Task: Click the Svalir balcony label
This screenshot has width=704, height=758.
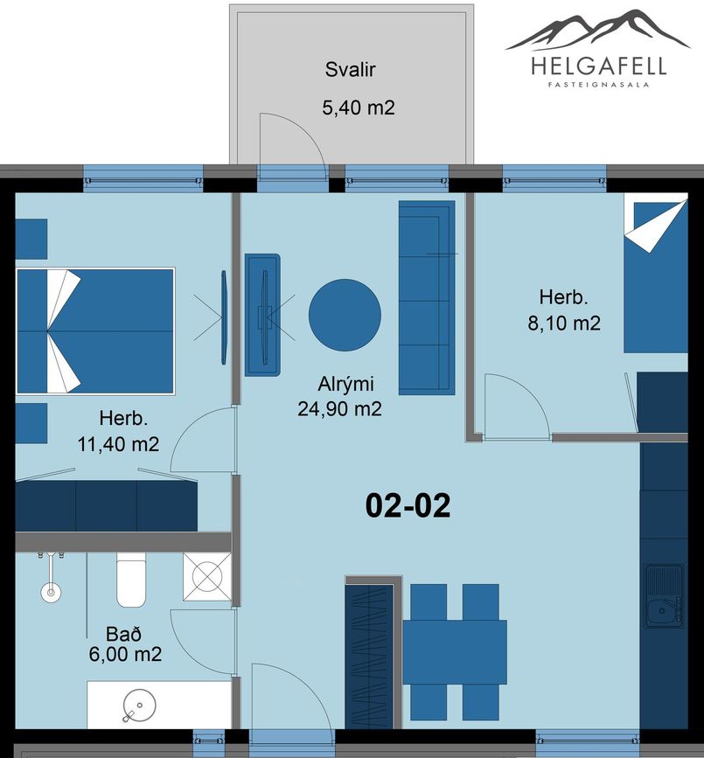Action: [350, 70]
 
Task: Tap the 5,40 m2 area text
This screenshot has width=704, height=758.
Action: [359, 108]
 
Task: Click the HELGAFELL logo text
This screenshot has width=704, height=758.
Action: [598, 66]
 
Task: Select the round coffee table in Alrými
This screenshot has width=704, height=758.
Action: [345, 316]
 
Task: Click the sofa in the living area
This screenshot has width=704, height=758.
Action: [427, 298]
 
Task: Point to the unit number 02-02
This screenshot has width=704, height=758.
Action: [408, 505]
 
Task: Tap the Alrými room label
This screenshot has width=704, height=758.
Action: [345, 384]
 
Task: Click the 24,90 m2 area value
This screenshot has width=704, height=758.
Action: [339, 409]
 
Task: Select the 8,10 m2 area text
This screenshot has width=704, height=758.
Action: [564, 323]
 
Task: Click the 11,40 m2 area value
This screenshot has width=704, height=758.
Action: [118, 444]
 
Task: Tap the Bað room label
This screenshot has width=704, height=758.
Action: [124, 633]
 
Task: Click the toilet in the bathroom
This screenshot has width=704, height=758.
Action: [131, 580]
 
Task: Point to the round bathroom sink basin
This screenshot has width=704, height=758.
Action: [140, 705]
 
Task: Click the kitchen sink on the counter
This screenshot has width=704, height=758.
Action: [664, 595]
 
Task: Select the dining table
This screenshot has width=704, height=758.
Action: [455, 652]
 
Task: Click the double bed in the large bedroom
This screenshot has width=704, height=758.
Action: [95, 331]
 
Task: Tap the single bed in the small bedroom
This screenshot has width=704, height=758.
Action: [656, 276]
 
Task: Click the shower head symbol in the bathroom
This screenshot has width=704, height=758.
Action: [51, 592]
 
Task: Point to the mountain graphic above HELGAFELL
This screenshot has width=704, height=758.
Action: [597, 30]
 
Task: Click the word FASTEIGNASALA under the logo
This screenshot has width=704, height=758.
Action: [598, 84]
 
